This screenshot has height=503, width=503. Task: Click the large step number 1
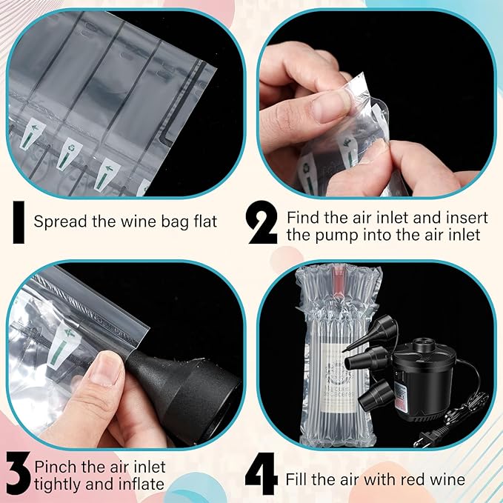17,221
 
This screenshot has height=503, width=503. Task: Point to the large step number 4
262,478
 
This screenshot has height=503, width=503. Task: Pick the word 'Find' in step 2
302,218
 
